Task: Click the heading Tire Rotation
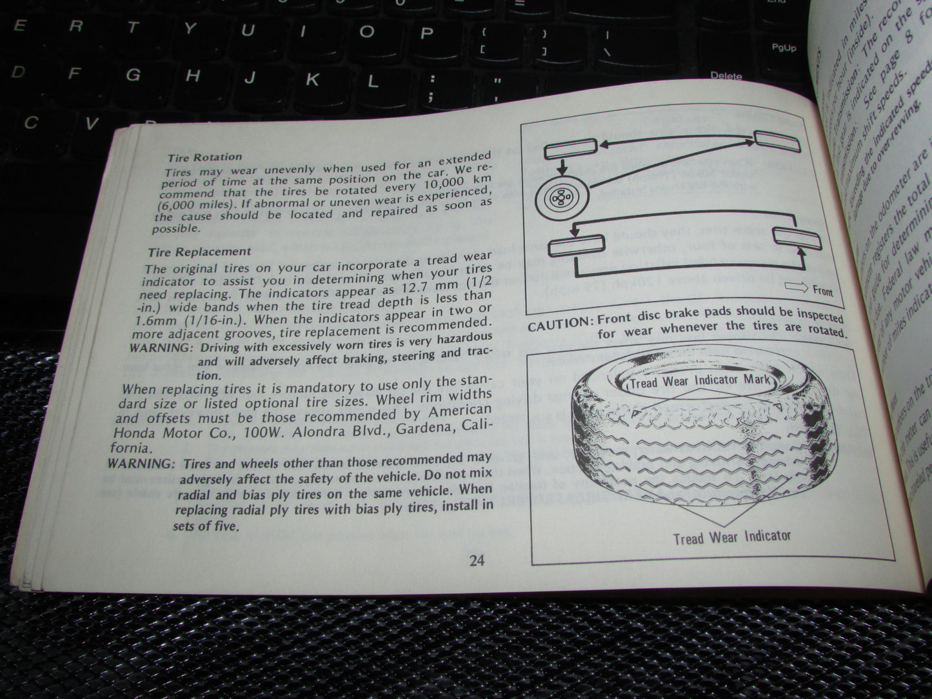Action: pos(204,157)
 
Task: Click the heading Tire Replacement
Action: pos(199,251)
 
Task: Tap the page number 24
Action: pos(477,560)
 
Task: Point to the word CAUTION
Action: pos(559,325)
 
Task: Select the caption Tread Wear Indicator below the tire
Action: pos(731,536)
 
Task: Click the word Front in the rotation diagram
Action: pos(822,291)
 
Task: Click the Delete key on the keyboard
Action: pos(726,76)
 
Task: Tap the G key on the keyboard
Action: pos(134,74)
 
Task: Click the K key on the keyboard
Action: pos(312,79)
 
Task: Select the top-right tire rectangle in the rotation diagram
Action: pos(779,141)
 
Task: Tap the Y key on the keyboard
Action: pos(190,27)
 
